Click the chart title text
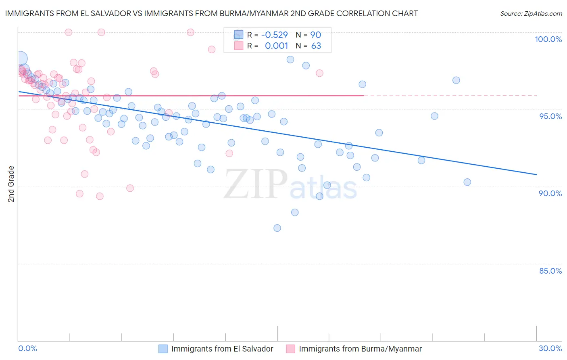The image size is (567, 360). coord(211,13)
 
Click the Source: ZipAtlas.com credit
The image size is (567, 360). coord(531,13)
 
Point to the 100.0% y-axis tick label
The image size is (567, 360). coord(548,39)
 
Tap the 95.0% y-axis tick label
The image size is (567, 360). coord(550,116)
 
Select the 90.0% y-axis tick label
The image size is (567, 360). coord(550,193)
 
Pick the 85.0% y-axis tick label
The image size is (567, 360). coord(550,271)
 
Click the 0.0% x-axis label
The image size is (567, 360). coord(28,348)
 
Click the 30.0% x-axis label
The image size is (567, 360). coord(550,348)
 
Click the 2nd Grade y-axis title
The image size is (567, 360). coord(11,184)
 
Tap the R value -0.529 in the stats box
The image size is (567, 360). coord(274,35)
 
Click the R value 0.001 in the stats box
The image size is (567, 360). coord(276,46)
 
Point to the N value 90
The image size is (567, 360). coord(315,35)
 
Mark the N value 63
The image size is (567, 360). coord(316,46)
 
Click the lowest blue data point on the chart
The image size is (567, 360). coord(277,228)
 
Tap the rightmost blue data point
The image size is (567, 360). coord(467,182)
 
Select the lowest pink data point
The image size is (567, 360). coord(100,196)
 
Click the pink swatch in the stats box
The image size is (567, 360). coord(239,46)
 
